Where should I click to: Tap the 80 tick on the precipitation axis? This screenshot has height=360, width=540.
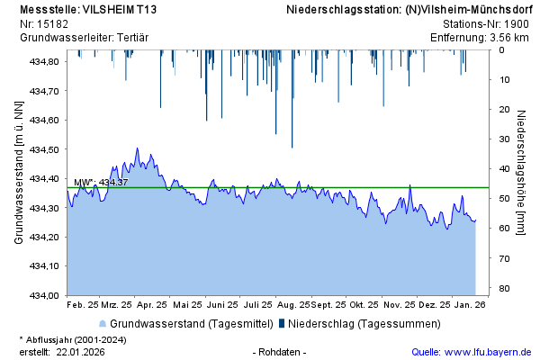506,288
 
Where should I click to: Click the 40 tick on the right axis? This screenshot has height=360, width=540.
506,168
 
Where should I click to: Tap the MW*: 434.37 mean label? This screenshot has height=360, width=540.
101,183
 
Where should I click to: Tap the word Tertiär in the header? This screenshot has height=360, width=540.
130,37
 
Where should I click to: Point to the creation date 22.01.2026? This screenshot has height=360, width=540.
80,351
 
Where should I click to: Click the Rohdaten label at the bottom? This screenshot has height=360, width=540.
282,351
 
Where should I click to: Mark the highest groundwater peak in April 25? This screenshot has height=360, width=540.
137,148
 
